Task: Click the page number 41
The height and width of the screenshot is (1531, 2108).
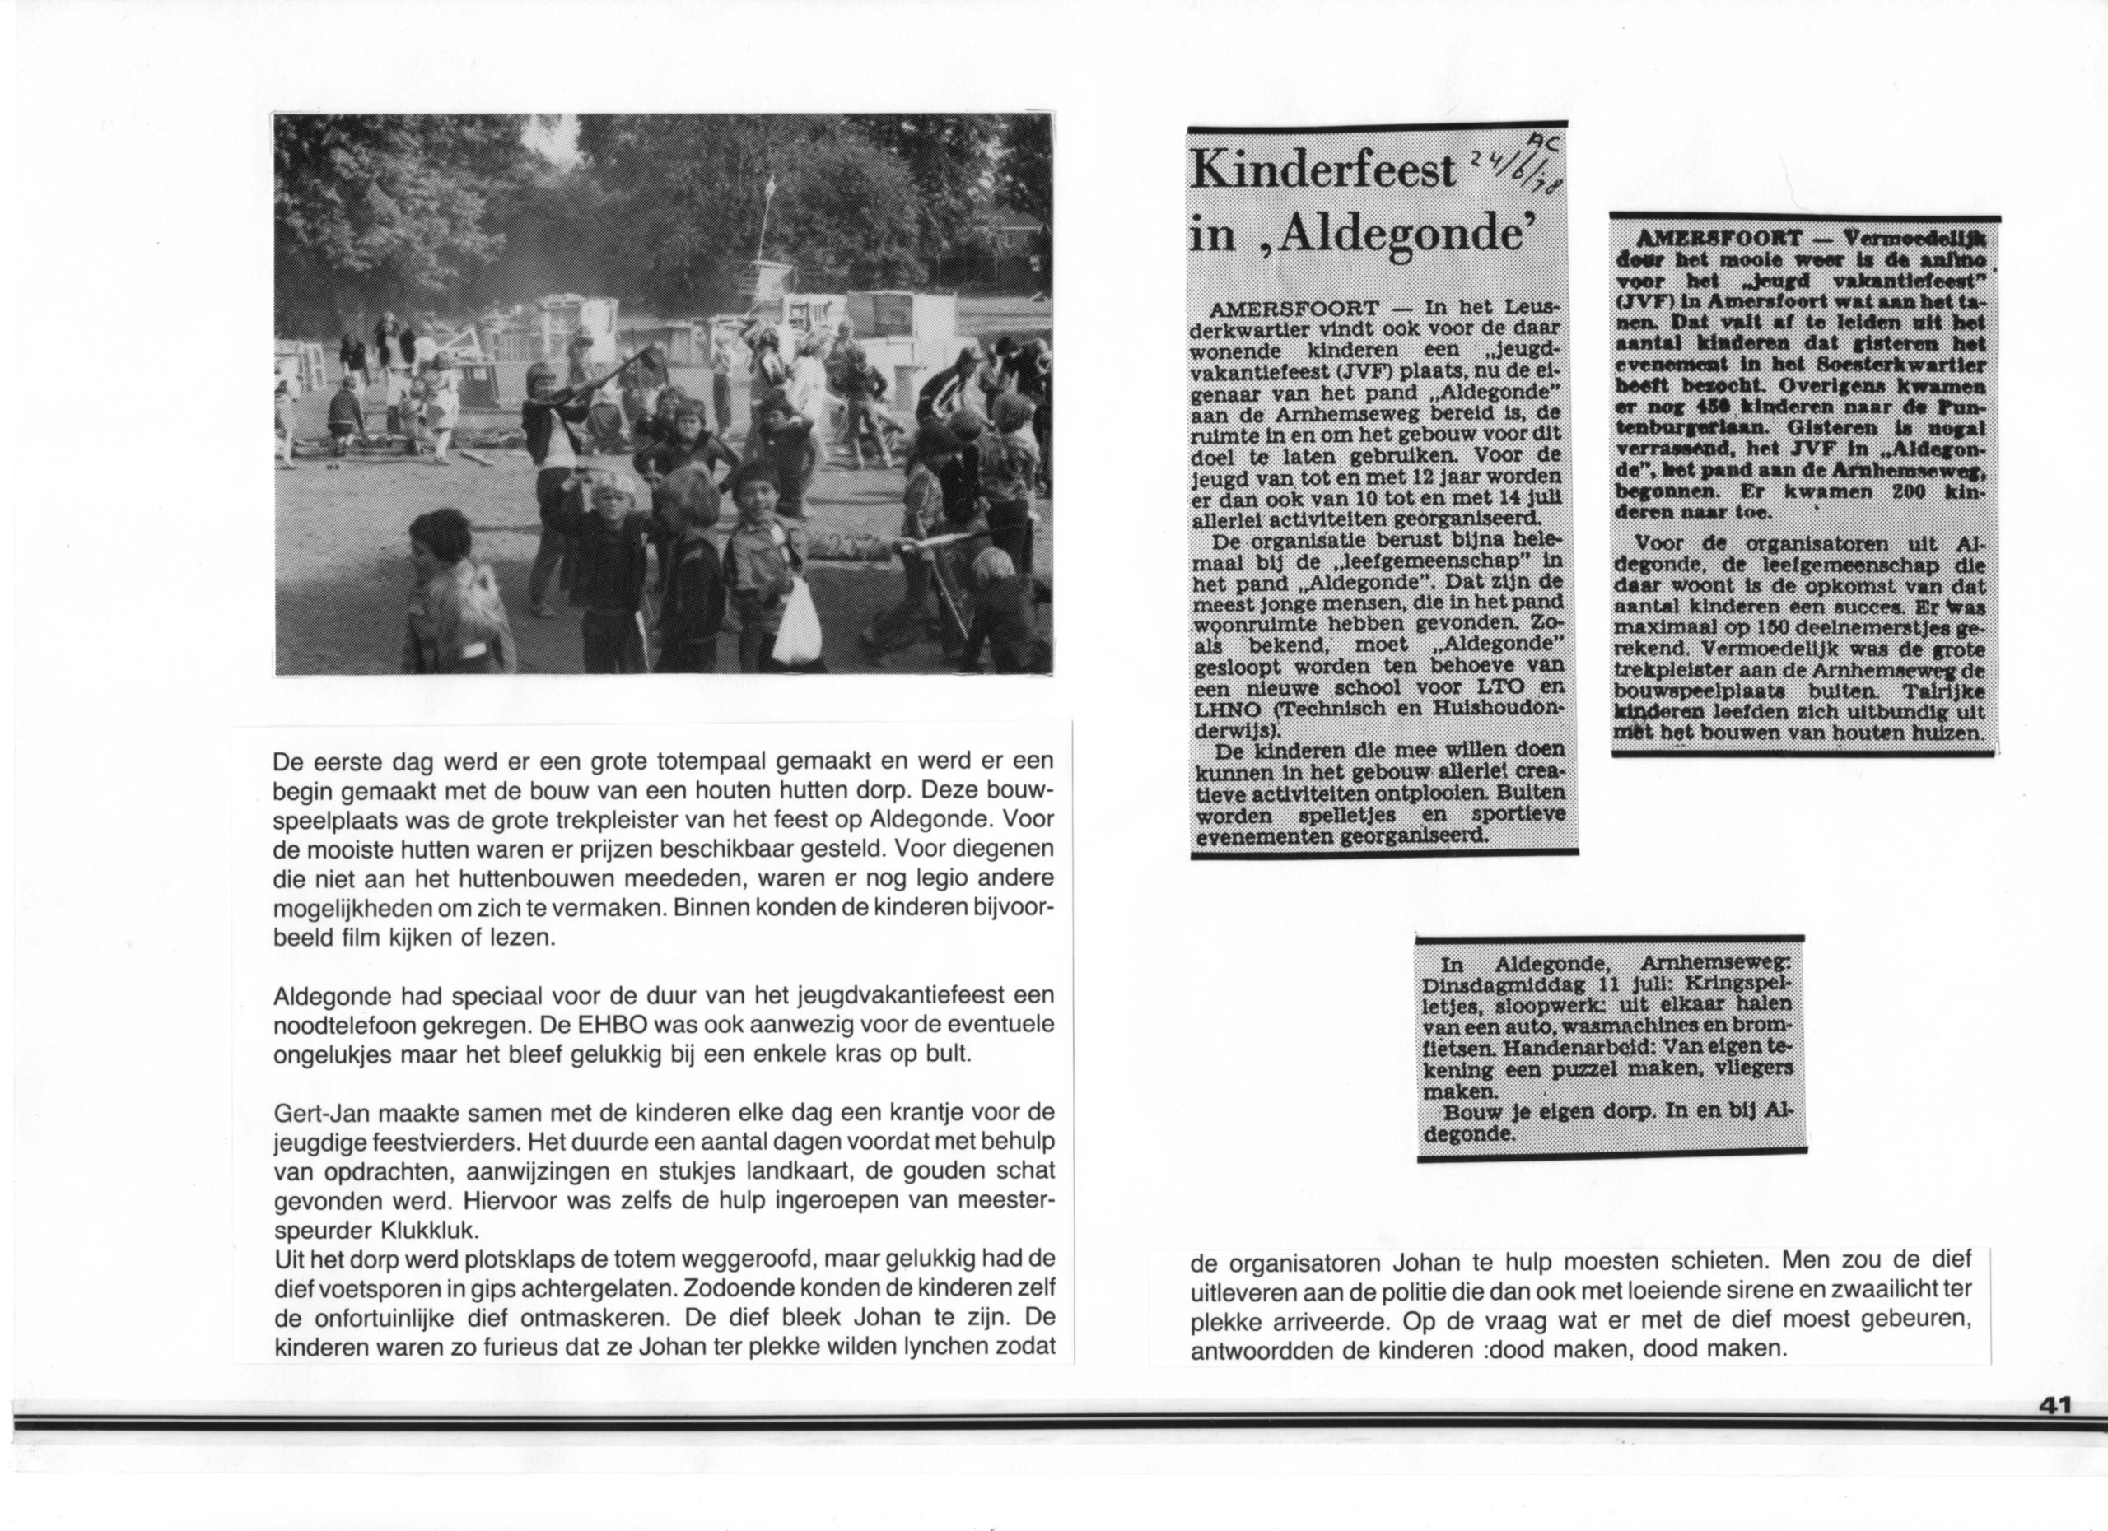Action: (x=2055, y=1406)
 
